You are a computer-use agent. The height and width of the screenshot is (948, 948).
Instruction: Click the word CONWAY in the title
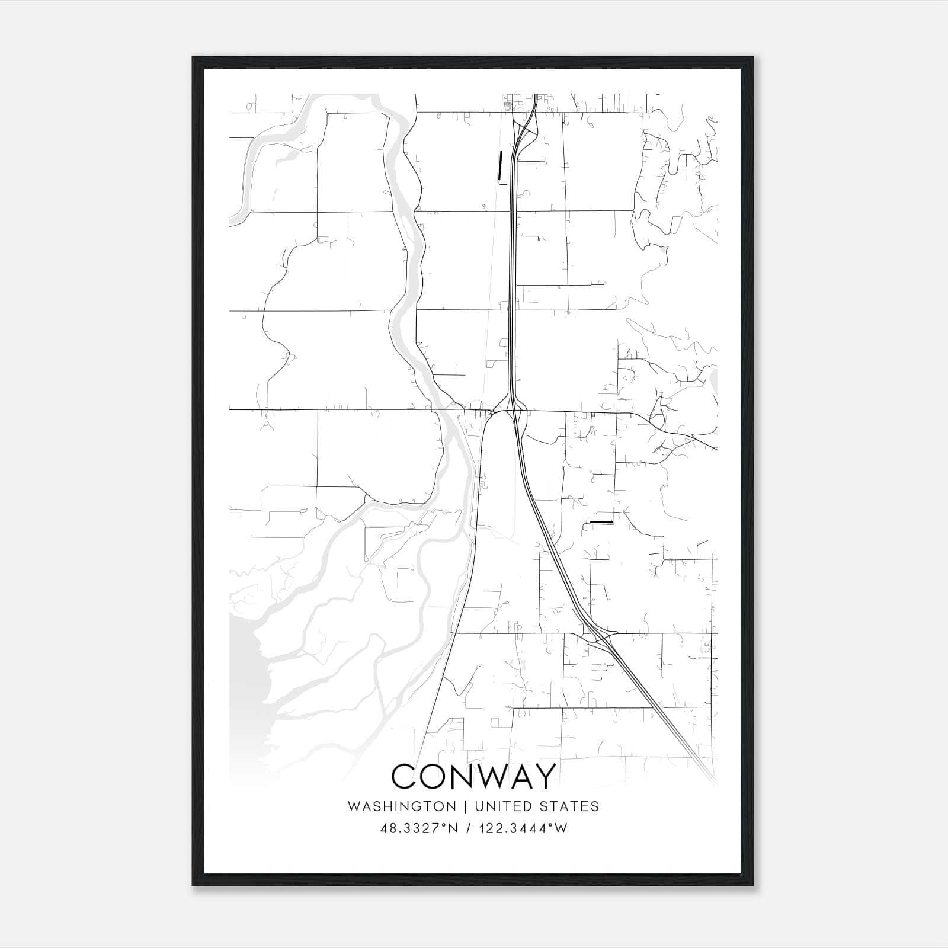474,776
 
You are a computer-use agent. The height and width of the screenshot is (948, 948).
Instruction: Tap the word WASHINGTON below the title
402,806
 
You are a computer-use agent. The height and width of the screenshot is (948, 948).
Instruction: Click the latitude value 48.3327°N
419,828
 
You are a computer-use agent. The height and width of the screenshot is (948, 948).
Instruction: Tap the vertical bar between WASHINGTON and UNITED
465,806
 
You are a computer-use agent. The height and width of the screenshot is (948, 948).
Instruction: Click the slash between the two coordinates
469,828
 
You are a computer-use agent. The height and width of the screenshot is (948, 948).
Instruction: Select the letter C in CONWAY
404,776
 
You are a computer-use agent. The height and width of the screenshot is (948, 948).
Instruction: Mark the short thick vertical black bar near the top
501,165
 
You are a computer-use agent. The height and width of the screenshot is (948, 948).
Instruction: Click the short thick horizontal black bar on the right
600,522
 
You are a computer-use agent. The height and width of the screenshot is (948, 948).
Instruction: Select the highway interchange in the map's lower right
600,638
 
